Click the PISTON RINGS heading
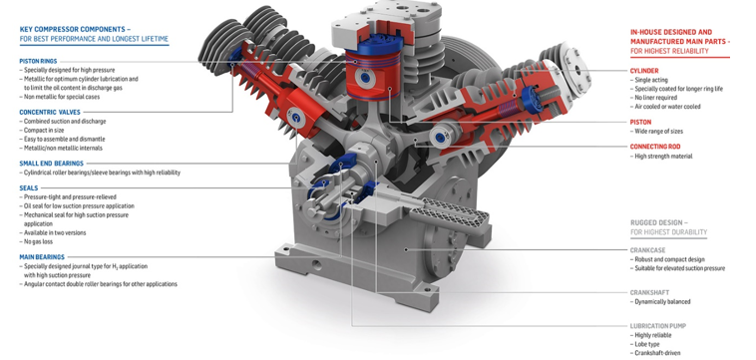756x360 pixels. tap(37, 61)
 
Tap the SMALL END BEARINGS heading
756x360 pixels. tap(50, 163)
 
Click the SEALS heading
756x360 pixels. tap(28, 187)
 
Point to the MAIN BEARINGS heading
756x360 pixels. tap(41, 256)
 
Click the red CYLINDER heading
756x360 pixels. tap(644, 71)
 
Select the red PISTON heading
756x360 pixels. tap(640, 122)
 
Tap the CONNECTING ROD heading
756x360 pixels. tap(655, 147)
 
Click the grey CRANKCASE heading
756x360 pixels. tap(649, 249)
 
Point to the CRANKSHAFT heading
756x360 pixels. tap(650, 292)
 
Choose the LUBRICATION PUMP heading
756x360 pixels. tap(657, 326)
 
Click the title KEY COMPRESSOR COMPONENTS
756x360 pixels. tap(74, 30)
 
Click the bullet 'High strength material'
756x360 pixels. tap(663, 156)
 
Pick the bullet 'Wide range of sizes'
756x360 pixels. tap(661, 131)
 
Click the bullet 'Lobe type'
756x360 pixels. tap(650, 343)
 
